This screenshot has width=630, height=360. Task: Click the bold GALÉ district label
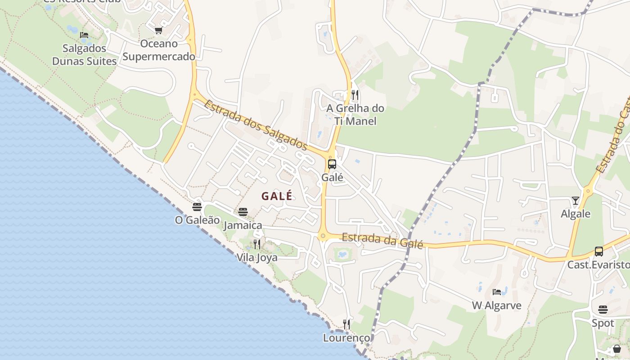(x=277, y=196)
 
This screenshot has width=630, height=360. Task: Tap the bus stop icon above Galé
(x=332, y=164)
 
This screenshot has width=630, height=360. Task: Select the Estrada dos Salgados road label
(x=256, y=125)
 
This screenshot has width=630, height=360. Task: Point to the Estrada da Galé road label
(x=382, y=240)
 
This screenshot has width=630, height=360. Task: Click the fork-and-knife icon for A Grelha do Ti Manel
(x=355, y=95)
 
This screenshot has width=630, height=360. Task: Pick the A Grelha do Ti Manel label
(x=355, y=115)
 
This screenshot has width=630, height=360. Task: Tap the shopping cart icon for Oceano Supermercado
(x=158, y=31)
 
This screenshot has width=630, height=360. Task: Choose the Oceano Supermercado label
(x=159, y=50)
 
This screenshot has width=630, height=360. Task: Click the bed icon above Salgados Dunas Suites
(x=84, y=35)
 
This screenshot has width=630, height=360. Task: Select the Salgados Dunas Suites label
(x=84, y=54)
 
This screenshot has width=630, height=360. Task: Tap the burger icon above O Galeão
(x=197, y=207)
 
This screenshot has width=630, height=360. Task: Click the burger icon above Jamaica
(x=243, y=212)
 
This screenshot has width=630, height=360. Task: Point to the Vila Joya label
(x=257, y=258)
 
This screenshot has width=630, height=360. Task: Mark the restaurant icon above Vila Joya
(x=257, y=244)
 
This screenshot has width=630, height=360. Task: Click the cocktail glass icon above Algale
(x=576, y=200)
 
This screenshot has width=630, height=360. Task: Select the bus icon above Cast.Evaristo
(x=598, y=252)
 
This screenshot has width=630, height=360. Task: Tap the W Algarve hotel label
(x=497, y=306)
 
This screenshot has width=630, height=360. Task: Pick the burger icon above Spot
(x=603, y=310)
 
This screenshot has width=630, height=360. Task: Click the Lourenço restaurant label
(x=346, y=338)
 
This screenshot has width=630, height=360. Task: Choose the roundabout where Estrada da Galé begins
(x=323, y=236)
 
